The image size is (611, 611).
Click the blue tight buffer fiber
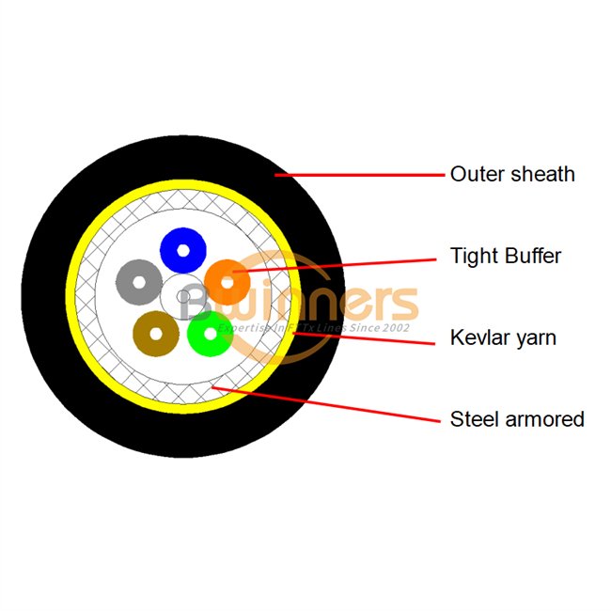coord(183,250)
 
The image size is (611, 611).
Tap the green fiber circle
coord(210,334)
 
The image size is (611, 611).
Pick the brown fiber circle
coord(156,333)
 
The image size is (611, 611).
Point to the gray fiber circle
coord(140,280)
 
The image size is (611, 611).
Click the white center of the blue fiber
coord(183,250)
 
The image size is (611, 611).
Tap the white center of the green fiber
coord(210,334)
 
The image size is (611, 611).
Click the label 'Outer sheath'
coord(512,174)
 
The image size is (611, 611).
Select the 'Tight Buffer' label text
coord(506,256)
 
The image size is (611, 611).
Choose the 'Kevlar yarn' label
coord(503,337)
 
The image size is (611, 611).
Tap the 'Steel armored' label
coord(517,419)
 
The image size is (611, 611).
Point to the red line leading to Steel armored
coord(329,402)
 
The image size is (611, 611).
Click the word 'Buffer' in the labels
coord(531,256)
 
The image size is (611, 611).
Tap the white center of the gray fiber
coord(140,280)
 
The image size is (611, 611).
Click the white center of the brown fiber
coord(156,333)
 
